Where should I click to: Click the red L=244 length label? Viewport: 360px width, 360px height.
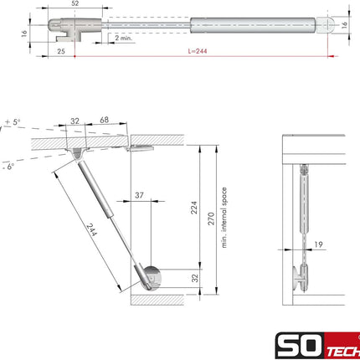point(198,51)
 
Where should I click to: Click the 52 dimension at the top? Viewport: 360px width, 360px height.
point(75,3)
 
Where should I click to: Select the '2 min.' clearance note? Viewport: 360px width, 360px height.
point(123,38)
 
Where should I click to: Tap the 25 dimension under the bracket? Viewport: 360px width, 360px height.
point(61,51)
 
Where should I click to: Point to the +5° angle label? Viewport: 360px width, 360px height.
point(13,122)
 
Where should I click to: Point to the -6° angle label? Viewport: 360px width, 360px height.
point(8,167)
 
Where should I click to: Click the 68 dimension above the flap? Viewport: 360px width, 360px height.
point(104,120)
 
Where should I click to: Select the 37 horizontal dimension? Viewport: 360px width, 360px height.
point(139,195)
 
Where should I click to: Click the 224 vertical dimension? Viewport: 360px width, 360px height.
point(194,208)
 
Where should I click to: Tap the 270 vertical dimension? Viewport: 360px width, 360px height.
point(211,219)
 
